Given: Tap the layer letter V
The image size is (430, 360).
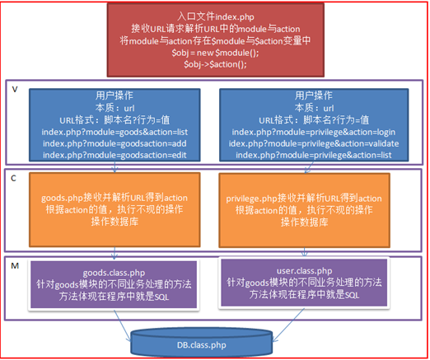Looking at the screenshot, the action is point(15,90).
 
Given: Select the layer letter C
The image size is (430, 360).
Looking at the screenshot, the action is point(13,179).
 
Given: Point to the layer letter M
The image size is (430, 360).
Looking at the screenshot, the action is point(15,266).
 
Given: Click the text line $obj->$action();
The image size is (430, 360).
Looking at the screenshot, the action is point(215,64).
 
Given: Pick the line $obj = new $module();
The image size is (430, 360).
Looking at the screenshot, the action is point(215,53).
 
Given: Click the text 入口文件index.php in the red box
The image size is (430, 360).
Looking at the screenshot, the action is point(216,16).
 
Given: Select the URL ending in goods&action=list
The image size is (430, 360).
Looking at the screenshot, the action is point(115,133).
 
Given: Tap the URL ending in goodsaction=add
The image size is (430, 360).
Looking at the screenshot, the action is point(115,143).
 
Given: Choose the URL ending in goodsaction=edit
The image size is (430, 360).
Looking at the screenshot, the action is point(115,155).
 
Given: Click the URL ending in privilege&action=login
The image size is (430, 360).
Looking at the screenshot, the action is point(314,133).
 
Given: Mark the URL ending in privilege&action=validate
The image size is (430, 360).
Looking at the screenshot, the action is point(314,143).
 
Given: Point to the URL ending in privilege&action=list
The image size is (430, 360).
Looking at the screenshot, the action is point(314,155).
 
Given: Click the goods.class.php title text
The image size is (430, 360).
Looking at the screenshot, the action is point(114,273).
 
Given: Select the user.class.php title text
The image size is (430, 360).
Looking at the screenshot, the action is point(304,271).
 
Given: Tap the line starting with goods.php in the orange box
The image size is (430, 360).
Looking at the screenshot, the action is point(115,198).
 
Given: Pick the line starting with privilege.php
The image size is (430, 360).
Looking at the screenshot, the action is point(304,199).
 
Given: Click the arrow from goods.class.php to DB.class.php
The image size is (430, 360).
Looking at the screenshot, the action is point(123,326).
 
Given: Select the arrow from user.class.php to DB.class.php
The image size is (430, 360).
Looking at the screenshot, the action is point(288,325).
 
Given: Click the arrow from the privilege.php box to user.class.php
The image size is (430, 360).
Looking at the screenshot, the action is point(304,252).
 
